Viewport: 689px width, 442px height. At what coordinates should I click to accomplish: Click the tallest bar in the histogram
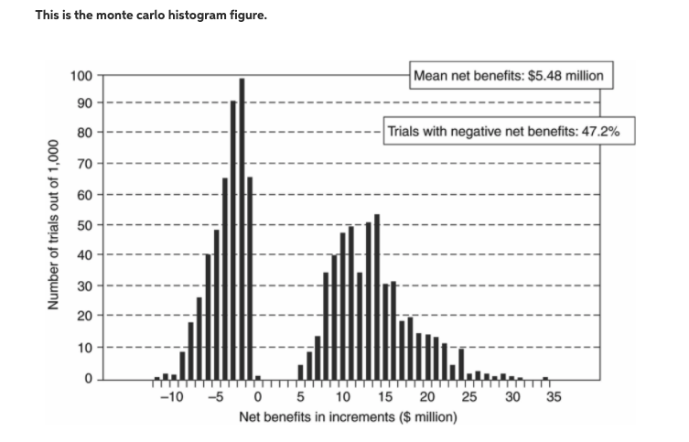pos(242,229)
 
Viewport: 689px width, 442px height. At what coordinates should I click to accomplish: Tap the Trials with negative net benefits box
pos(503,131)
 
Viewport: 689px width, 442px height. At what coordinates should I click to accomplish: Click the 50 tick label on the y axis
pos(83,225)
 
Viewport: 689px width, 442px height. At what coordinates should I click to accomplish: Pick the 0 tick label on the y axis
pos(87,378)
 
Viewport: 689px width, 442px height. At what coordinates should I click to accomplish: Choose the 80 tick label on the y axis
pos(83,134)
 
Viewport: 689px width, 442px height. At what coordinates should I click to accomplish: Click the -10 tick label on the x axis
pos(169,397)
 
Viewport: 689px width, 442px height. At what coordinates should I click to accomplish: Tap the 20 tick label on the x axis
pos(427,397)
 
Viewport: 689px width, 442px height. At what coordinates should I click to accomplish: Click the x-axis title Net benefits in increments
pos(349,417)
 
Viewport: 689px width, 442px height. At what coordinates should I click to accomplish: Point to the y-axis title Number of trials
pos(54,225)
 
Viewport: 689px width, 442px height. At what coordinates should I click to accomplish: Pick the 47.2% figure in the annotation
pos(600,131)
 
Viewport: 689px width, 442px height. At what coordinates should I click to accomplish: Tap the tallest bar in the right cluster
pos(376,296)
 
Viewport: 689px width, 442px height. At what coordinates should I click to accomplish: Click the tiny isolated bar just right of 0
pos(258,377)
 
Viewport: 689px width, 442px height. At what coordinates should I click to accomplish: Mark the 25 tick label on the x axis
pos(469,397)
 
